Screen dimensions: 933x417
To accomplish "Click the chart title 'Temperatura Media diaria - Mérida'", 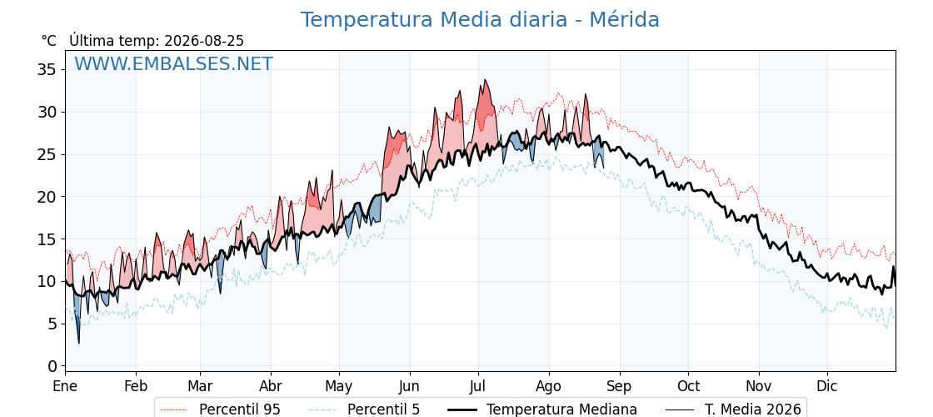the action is point(480,20).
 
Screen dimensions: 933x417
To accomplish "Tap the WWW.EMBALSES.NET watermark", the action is point(173,63).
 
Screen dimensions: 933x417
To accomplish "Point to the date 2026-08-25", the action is point(204,41).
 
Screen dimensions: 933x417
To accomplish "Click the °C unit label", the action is point(49,41).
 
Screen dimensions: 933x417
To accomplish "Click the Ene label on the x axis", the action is point(65,386).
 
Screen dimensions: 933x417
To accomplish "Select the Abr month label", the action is point(271,386).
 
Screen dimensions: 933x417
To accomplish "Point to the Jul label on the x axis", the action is point(478,386).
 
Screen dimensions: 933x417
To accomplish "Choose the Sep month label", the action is point(620,386).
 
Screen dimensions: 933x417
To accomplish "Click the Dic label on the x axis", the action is point(827,386).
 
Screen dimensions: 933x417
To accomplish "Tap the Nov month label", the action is point(759,386).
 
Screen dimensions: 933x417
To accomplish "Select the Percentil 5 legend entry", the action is point(365,409).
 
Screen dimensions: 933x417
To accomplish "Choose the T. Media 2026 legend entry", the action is point(733,409).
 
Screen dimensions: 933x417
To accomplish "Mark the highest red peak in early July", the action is point(486,80).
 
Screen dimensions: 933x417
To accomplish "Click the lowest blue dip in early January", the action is point(78,343).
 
